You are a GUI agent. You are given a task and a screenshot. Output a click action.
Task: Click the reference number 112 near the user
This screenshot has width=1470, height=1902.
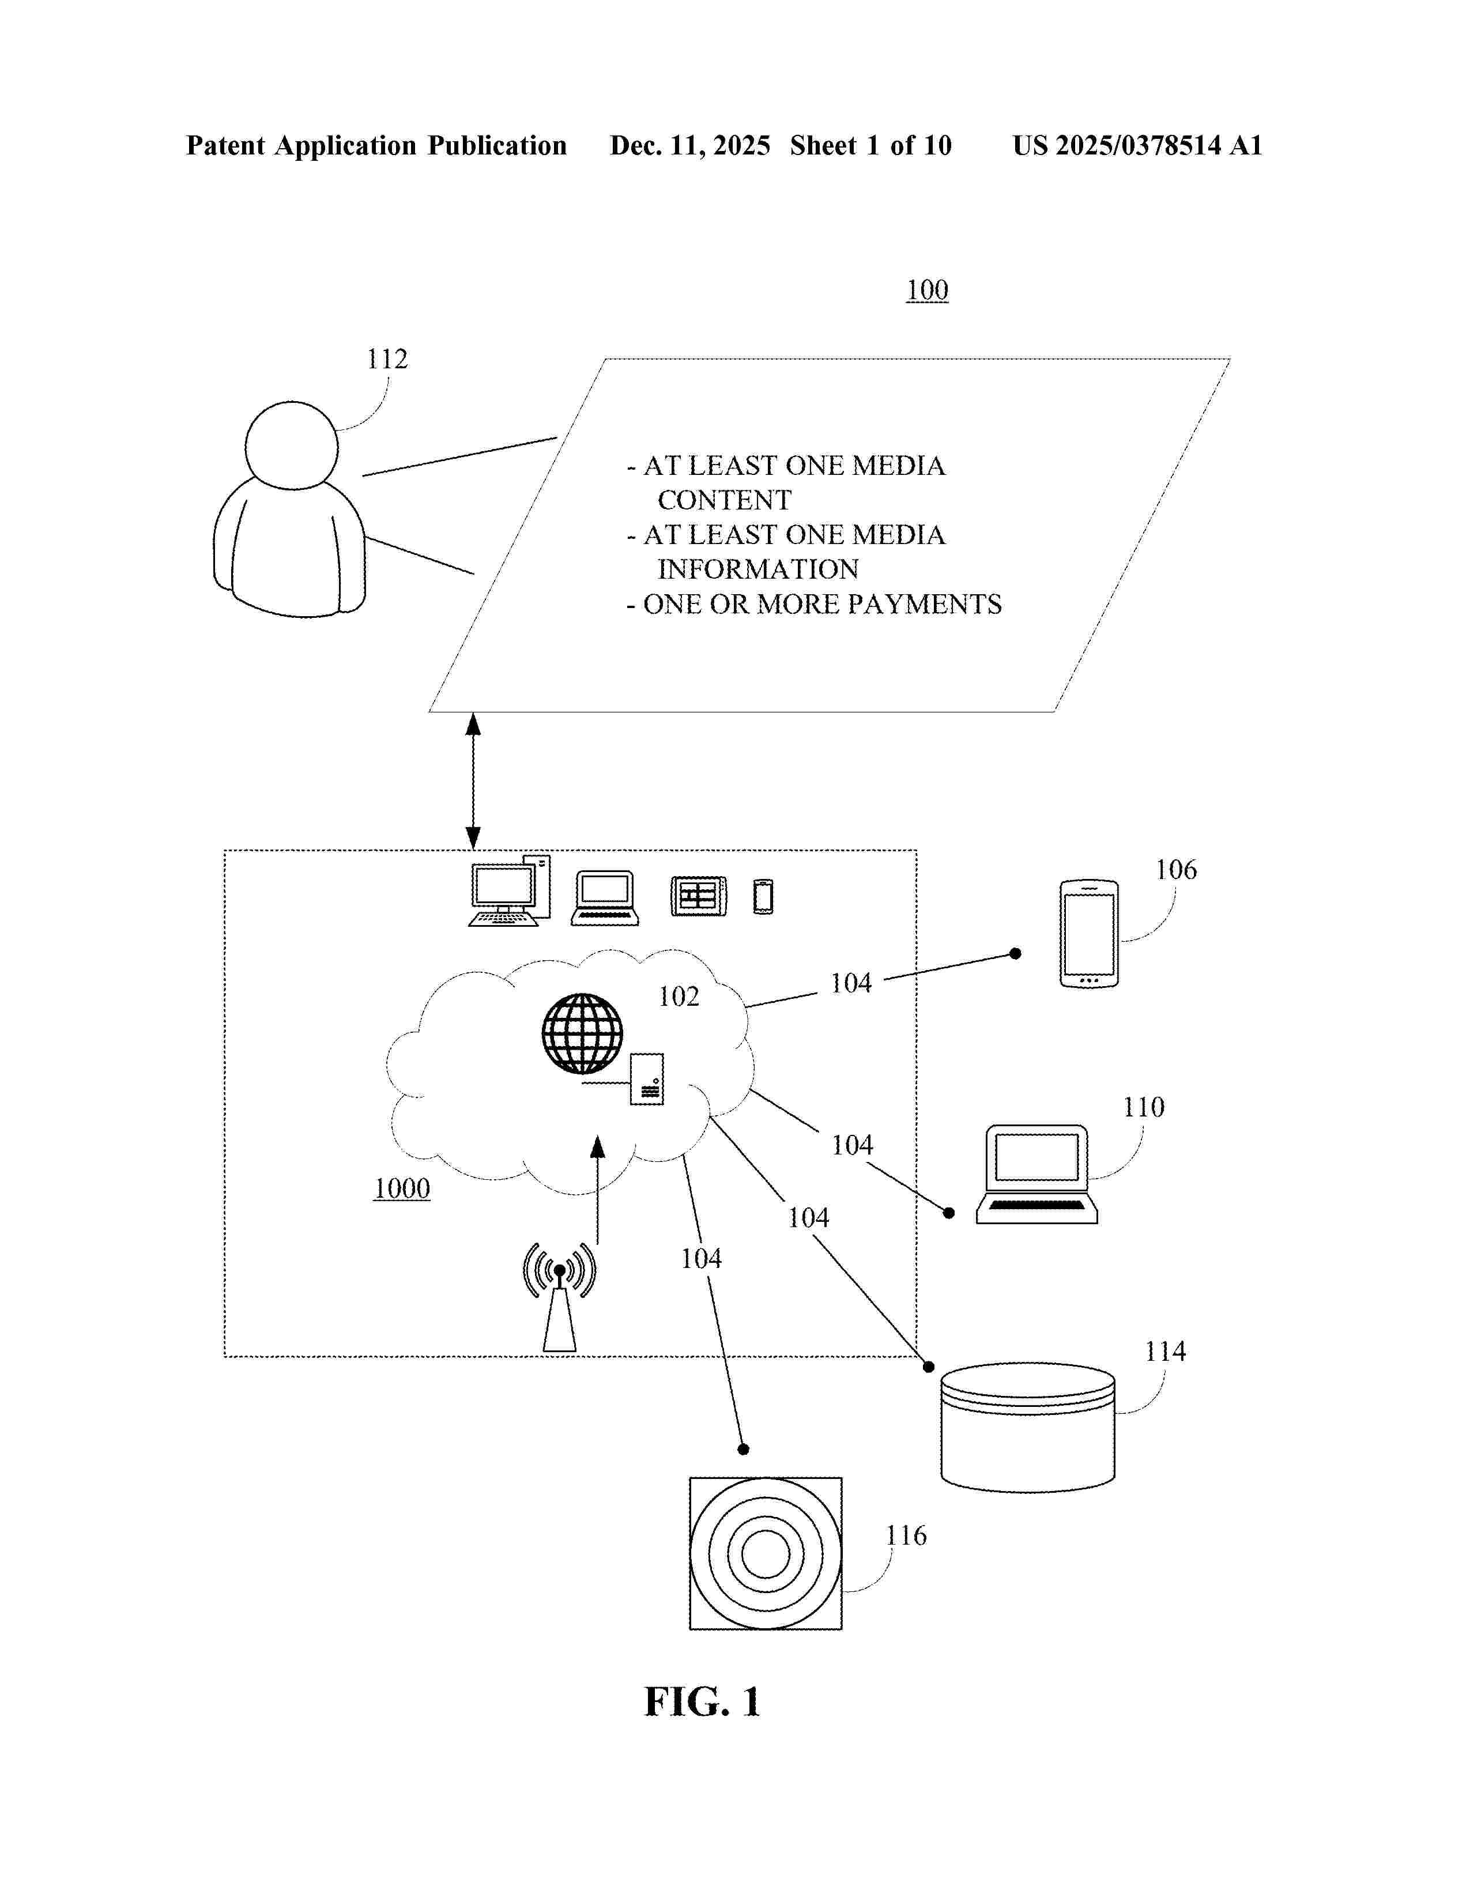tap(387, 359)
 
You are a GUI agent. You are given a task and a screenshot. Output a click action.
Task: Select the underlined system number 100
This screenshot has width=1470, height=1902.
tap(926, 290)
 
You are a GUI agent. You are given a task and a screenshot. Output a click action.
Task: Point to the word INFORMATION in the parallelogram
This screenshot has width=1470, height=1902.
tap(757, 569)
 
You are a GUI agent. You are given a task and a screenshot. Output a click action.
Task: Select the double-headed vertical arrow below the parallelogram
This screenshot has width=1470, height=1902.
tap(473, 780)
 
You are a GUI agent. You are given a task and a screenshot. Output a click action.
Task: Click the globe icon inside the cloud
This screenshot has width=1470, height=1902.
tap(582, 1034)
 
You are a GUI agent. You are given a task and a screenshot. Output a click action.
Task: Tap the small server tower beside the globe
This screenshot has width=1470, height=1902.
tap(647, 1079)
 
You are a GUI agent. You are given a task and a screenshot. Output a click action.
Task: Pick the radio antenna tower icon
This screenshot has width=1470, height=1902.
tap(559, 1296)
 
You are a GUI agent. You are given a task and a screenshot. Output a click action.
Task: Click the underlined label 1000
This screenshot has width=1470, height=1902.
tap(401, 1188)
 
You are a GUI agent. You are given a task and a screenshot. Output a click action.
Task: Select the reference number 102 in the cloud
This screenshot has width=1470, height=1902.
tap(679, 997)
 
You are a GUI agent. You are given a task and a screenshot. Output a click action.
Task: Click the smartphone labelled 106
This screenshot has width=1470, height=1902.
tap(1088, 934)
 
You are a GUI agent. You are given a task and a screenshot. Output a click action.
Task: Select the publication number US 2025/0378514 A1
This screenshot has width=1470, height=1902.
tap(1136, 145)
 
